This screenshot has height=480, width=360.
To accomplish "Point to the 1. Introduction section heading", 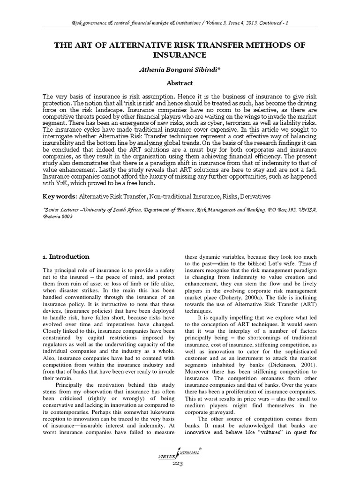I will coord(66,257).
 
